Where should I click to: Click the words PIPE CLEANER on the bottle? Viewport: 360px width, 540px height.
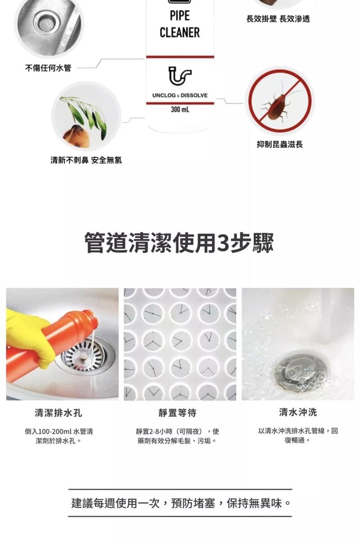coord(180,24)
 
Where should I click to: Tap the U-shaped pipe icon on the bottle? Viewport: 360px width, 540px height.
coord(180,76)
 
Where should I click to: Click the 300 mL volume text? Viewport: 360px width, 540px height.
coord(180,110)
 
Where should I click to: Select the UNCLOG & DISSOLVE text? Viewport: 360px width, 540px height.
coord(180,95)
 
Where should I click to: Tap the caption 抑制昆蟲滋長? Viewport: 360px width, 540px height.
coord(280,144)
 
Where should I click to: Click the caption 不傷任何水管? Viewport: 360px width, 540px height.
coord(48,68)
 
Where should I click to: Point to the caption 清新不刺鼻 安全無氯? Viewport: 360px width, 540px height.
coord(86,160)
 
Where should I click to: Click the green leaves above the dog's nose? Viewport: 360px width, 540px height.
coord(85,113)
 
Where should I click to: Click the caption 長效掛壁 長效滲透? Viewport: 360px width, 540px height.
coord(278,18)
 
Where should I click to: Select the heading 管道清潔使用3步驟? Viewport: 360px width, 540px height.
coord(180,243)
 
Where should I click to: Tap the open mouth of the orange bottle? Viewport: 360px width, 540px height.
coord(94,319)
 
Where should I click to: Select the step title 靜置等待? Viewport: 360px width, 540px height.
coord(177,413)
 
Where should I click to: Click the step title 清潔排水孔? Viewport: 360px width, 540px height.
coord(58,413)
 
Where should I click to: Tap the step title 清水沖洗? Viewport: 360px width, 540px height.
coord(298,412)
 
